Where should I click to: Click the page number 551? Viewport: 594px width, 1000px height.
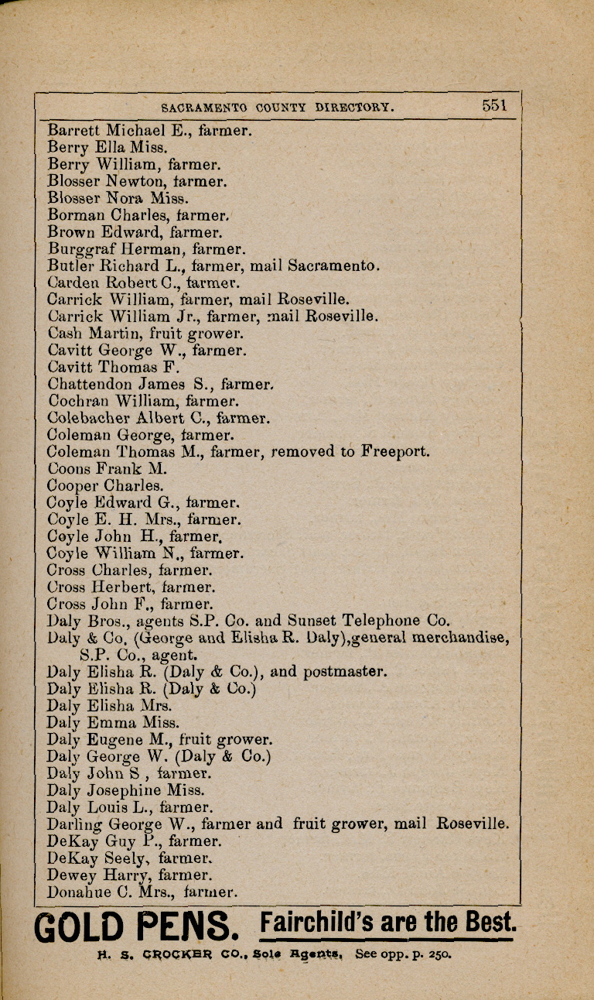coord(494,106)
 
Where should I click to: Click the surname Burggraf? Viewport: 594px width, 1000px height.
coord(81,249)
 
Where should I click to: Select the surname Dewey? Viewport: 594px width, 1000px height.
coord(72,875)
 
